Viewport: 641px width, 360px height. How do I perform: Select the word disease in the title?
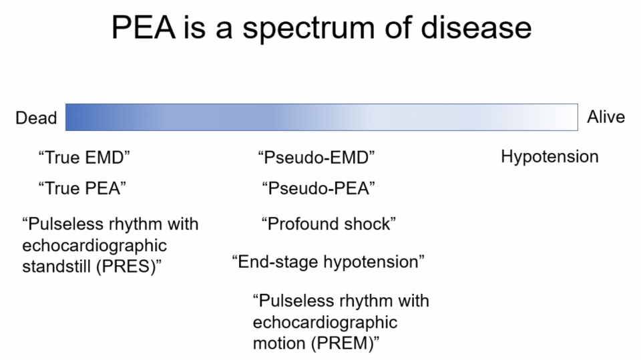pyautogui.click(x=473, y=27)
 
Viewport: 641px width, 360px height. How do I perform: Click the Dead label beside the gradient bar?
pyautogui.click(x=36, y=118)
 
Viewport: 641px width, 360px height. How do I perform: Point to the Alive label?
pyautogui.click(x=606, y=117)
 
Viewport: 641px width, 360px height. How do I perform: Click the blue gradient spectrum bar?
pyautogui.click(x=321, y=117)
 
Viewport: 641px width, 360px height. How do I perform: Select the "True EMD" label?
pyautogui.click(x=84, y=158)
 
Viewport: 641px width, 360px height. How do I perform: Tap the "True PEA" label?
pyautogui.click(x=82, y=188)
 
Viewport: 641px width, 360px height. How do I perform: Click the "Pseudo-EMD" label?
pyautogui.click(x=316, y=158)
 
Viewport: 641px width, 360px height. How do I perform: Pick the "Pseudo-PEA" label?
pyautogui.click(x=318, y=188)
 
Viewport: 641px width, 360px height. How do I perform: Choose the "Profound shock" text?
pyautogui.click(x=329, y=224)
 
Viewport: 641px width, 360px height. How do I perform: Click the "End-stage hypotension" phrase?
pyautogui.click(x=329, y=261)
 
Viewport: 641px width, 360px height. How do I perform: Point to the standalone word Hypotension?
pyautogui.click(x=550, y=157)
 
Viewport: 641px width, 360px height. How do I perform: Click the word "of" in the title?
pyautogui.click(x=398, y=27)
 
